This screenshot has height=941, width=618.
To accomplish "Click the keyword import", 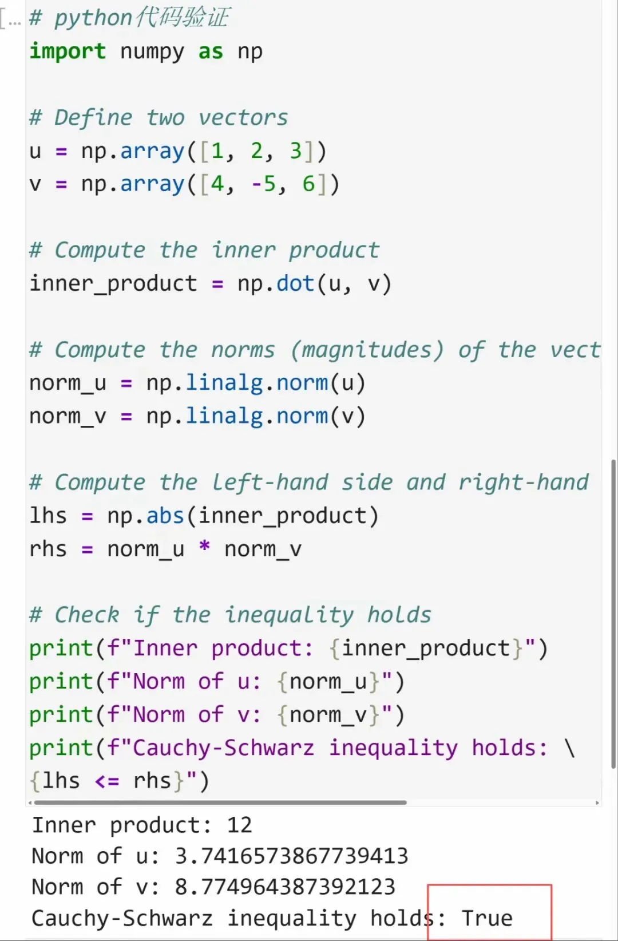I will point(68,52).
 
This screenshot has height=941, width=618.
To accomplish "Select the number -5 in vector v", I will point(264,184).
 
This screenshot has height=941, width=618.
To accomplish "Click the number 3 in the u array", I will point(295,151).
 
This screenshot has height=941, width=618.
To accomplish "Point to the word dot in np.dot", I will point(295,284).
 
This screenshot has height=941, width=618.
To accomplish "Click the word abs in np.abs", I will point(165,516).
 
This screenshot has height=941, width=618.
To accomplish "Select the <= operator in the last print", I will point(106,781).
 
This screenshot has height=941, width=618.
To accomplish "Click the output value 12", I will point(239,825).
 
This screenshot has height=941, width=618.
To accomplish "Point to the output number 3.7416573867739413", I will point(291,856).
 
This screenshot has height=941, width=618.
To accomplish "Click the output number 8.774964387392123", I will point(285,887).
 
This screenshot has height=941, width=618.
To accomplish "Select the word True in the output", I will point(487,918).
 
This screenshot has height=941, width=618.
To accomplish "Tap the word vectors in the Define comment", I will point(243,118).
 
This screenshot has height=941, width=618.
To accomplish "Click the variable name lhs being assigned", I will point(48,516).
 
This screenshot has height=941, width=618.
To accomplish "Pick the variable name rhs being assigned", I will point(48,549).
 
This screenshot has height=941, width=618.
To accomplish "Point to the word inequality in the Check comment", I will point(289,615).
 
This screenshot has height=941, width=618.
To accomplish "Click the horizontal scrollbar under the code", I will point(217,802).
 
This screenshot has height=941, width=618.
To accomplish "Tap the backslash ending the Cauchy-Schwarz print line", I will point(569,748).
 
